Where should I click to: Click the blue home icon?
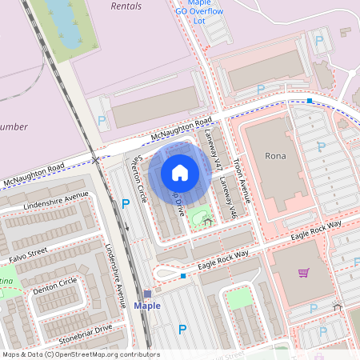pyautogui.click(x=180, y=173)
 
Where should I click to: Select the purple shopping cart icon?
pyautogui.click(x=303, y=273)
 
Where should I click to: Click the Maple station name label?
pyautogui.click(x=147, y=306)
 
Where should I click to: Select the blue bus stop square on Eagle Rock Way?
pyautogui.click(x=183, y=276)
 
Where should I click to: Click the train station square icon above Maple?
pyautogui.click(x=147, y=294)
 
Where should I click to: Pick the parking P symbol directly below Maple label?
pyautogui.click(x=182, y=329)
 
